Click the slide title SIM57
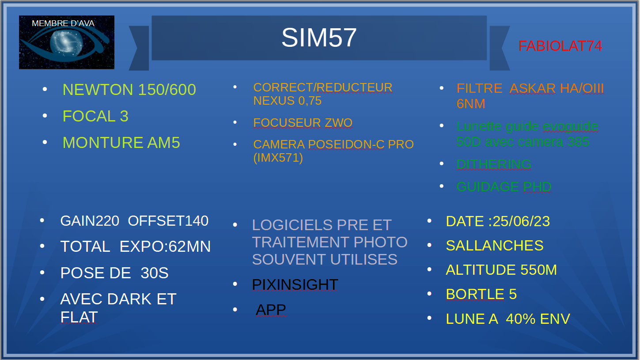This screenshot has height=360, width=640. (x=319, y=38)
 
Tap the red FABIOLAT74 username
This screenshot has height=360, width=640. (x=560, y=45)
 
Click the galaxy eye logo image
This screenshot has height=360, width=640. (x=67, y=42)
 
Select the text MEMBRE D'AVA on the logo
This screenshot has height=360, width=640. (x=63, y=23)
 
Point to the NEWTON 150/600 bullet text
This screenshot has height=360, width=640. (x=129, y=89)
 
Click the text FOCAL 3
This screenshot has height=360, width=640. (x=95, y=116)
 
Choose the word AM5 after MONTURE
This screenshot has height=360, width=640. (x=163, y=143)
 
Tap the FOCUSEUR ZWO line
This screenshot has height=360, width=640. (x=303, y=123)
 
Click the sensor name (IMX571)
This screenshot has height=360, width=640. (x=278, y=158)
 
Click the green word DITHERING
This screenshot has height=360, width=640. (x=494, y=164)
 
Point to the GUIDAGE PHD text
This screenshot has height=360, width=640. (x=504, y=187)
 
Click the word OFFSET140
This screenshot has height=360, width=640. (x=168, y=221)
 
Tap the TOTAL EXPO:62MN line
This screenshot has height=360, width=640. (x=136, y=246)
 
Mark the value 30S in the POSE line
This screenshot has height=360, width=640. (x=154, y=273)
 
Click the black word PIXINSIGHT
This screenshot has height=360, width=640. (x=295, y=284)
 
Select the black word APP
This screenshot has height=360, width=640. (x=271, y=310)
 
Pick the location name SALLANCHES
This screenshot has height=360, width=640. (x=495, y=246)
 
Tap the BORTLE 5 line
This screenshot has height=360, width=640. (x=481, y=294)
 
